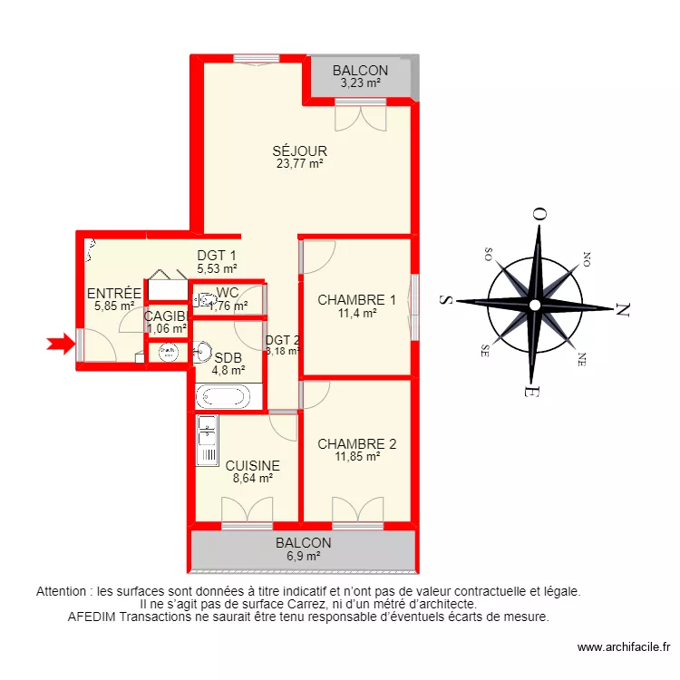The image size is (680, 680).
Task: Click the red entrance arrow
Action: [x=60, y=343]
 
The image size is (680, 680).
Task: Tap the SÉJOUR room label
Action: [x=300, y=151]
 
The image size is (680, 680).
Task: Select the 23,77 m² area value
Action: [x=300, y=164]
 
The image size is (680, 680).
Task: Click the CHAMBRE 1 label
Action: [x=356, y=300]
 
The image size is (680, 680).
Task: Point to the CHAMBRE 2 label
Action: [x=356, y=444]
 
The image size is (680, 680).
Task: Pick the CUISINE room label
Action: [x=253, y=466]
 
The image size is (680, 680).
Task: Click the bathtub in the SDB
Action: [x=224, y=397]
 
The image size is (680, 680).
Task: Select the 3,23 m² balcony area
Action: [x=360, y=83]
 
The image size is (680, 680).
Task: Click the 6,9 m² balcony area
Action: [x=304, y=556]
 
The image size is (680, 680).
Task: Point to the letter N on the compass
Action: [x=623, y=309]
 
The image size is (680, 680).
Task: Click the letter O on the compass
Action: [x=539, y=215]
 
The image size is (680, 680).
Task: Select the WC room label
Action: [x=228, y=294]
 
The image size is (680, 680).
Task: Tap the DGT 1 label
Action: [x=217, y=256]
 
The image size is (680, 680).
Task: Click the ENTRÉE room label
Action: [x=114, y=294]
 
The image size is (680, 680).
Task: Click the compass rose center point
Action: [x=535, y=304]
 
